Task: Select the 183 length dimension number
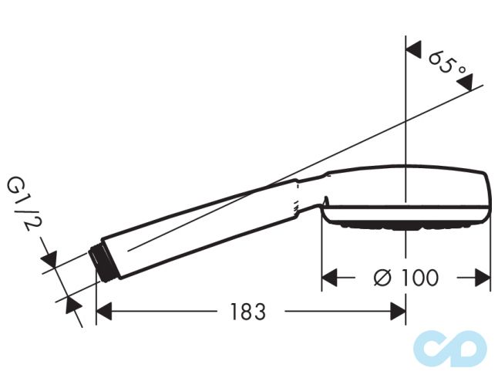[247, 312]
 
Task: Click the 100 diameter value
[417, 277]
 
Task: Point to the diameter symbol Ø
[383, 277]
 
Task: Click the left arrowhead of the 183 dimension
[103, 312]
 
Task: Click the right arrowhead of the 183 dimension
[398, 312]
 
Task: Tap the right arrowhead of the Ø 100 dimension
[483, 277]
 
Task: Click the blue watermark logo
[450, 346]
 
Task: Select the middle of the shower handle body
[200, 224]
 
